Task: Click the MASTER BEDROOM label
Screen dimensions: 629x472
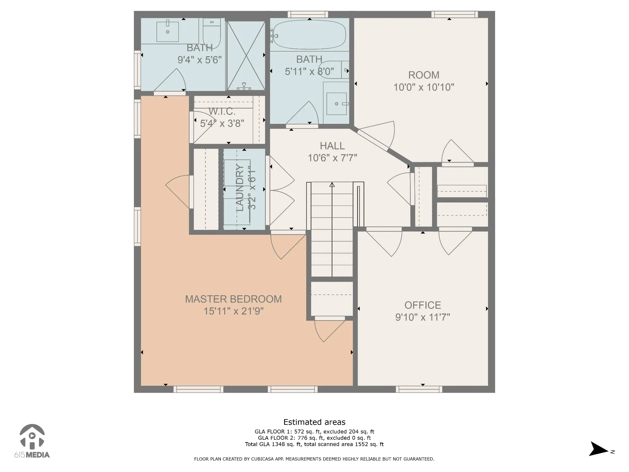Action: [x=233, y=299]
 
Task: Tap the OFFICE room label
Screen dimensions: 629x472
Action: [x=423, y=305]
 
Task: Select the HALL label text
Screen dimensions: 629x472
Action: [x=332, y=146]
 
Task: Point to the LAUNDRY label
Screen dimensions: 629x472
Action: [x=240, y=188]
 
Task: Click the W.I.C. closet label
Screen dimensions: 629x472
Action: [x=222, y=111]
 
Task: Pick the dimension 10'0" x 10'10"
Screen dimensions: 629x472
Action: [x=424, y=87]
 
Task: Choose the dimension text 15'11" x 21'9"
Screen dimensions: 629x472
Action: [x=233, y=311]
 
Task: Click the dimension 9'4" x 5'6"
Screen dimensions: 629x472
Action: [x=200, y=60]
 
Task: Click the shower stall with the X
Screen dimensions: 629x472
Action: [x=246, y=56]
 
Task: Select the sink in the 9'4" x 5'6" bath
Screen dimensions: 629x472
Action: [x=168, y=32]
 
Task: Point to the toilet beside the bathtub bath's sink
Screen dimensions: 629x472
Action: [x=334, y=70]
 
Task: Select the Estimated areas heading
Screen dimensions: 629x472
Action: [x=314, y=422]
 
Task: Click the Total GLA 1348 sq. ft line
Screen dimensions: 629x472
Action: [x=314, y=444]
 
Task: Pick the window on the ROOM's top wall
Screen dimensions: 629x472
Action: [x=455, y=14]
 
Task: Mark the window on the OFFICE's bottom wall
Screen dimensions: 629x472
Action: [x=419, y=389]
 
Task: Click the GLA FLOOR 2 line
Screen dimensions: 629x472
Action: [x=314, y=438]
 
